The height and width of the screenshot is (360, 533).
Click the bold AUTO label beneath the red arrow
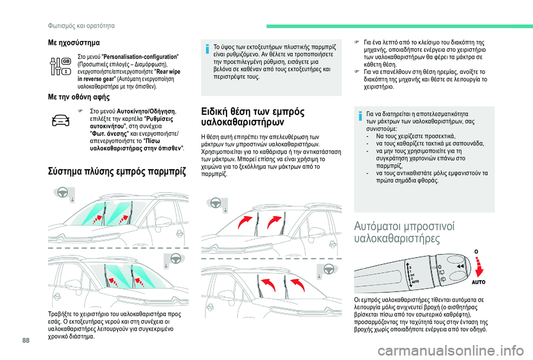coord(478,282)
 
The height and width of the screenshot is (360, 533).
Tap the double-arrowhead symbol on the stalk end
coord(459,266)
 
